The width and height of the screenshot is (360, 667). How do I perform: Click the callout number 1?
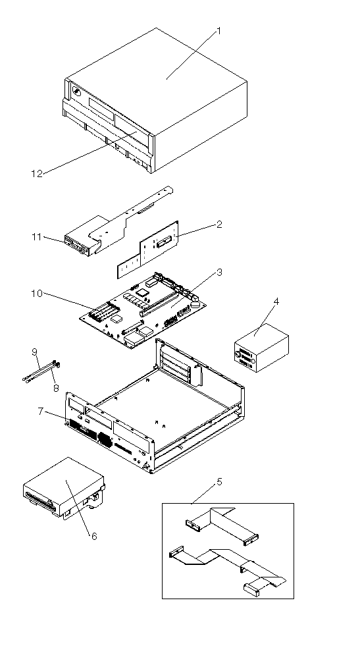[x=219, y=31]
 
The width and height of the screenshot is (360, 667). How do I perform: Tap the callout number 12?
[x=37, y=174]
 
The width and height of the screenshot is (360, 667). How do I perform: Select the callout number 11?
[x=37, y=237]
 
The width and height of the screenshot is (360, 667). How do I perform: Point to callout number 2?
[x=219, y=225]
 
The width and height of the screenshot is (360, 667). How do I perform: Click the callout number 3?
[x=219, y=272]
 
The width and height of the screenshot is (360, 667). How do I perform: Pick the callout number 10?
[x=37, y=294]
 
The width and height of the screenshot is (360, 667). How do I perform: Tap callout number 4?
[x=276, y=302]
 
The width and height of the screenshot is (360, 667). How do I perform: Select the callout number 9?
[x=34, y=352]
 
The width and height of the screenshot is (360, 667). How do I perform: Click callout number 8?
[x=56, y=388]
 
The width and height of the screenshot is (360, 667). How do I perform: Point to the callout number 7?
[x=40, y=412]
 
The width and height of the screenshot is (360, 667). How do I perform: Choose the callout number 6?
[x=94, y=537]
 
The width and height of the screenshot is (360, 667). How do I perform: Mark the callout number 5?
[x=219, y=481]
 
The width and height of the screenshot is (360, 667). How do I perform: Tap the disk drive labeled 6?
[x=64, y=487]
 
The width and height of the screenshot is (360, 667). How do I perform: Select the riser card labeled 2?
[x=149, y=249]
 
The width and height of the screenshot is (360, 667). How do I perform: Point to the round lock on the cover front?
[x=77, y=91]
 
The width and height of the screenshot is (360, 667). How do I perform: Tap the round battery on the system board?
[x=195, y=304]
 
